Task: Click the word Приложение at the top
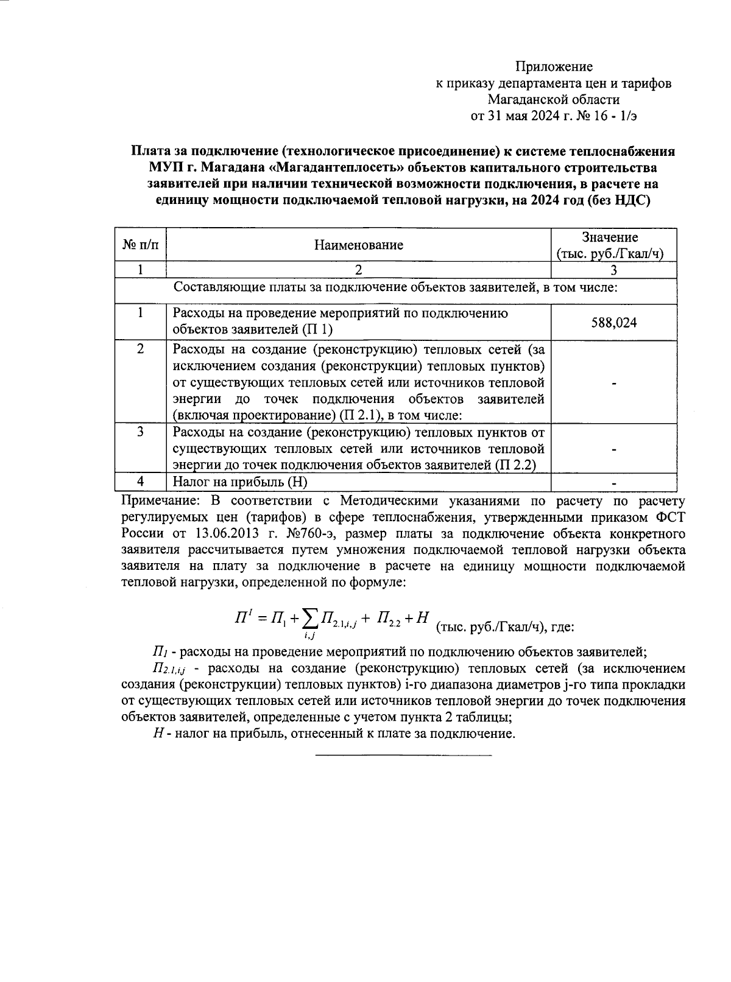pos(554,66)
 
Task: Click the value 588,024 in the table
pos(613,323)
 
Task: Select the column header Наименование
pos(358,245)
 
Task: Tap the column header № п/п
pos(139,245)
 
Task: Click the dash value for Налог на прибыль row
pos(614,483)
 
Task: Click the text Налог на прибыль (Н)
pos(240,482)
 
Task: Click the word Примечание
pos(158,502)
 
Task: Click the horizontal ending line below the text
pos(403,756)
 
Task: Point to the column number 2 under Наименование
pos(358,270)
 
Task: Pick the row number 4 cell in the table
pos(140,482)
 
